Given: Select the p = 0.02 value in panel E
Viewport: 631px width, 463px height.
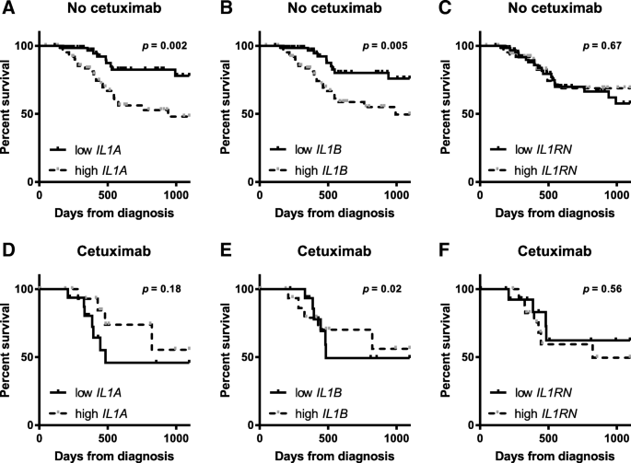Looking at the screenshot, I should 379,289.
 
